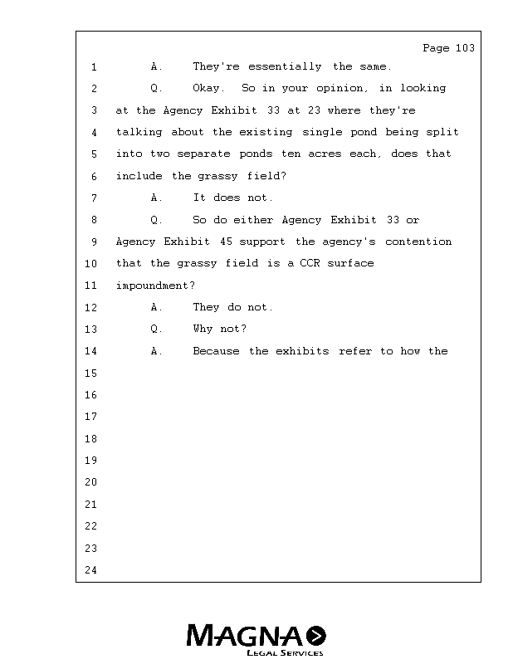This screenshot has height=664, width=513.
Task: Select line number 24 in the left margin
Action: tap(91, 570)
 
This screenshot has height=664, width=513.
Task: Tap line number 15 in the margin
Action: tap(91, 373)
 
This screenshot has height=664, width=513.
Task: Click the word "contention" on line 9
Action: tap(418, 242)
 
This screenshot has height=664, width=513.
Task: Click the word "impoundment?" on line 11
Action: tap(155, 286)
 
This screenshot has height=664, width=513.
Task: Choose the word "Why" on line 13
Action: tap(203, 329)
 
